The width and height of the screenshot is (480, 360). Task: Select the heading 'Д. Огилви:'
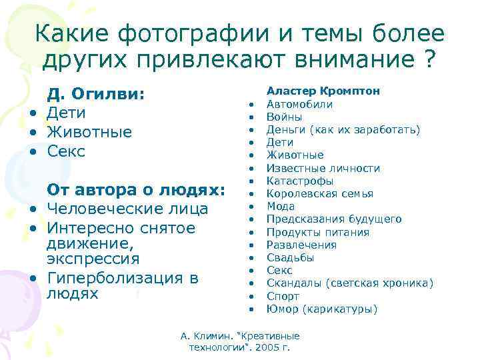tap(95, 94)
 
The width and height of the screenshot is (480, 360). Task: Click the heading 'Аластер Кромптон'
tap(323, 91)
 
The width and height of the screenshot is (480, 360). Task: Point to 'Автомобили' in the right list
tap(300, 104)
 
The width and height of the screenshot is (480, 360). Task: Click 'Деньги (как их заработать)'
tap(343, 129)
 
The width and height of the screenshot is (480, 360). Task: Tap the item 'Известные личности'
tap(323, 168)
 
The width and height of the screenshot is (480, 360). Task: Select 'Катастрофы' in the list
tap(300, 181)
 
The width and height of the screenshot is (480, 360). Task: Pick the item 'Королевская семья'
tap(320, 193)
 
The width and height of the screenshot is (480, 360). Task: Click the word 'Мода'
tap(281, 206)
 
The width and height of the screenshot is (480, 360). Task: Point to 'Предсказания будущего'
tap(334, 219)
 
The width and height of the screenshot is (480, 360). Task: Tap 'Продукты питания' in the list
tap(318, 232)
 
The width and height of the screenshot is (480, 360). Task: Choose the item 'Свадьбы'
tap(291, 257)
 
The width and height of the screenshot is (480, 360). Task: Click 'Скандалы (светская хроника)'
tap(350, 283)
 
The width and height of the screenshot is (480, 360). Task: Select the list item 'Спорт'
tap(283, 296)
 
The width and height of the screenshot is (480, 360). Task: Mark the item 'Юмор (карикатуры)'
tap(322, 309)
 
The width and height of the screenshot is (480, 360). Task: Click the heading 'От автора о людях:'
tap(137, 190)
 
